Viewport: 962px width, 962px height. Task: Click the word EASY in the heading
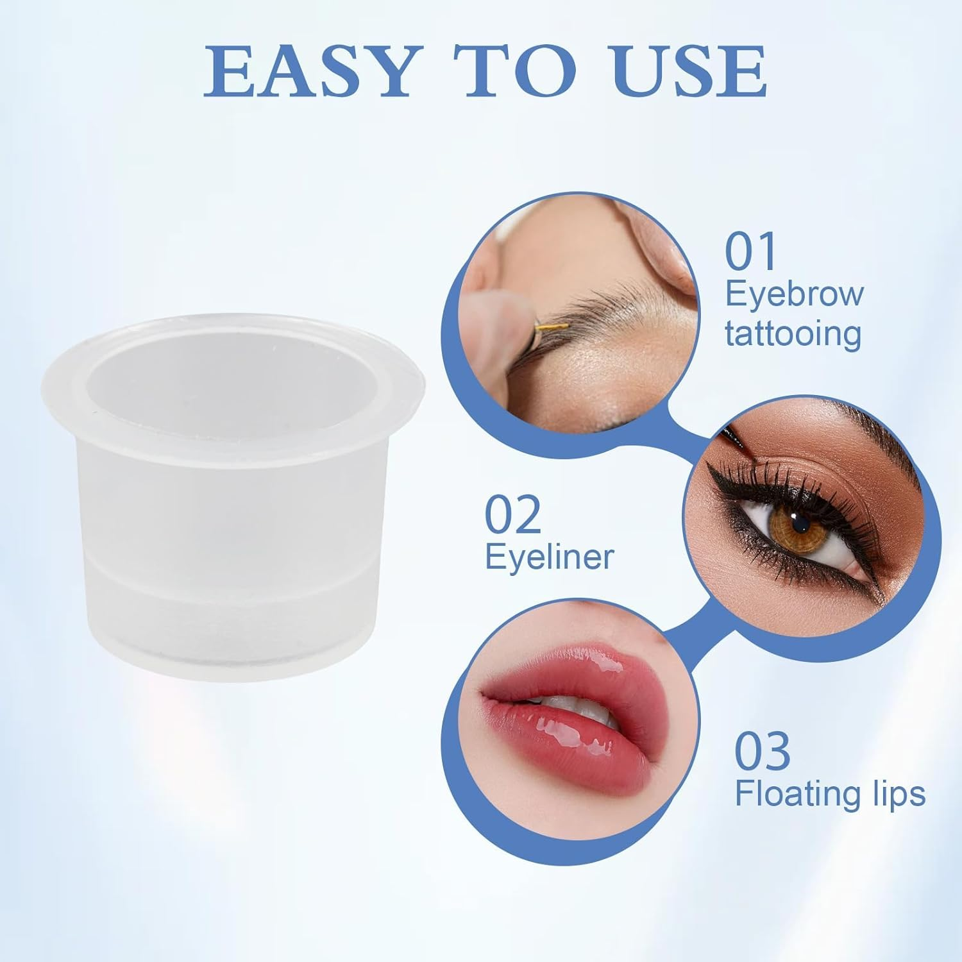pyautogui.click(x=307, y=71)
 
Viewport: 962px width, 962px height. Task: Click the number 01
pyautogui.click(x=750, y=251)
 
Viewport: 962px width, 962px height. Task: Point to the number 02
pyautogui.click(x=512, y=515)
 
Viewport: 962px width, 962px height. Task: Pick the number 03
pyautogui.click(x=761, y=752)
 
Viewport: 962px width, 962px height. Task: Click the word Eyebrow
pyautogui.click(x=794, y=294)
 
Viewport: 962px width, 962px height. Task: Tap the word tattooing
pyautogui.click(x=793, y=334)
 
